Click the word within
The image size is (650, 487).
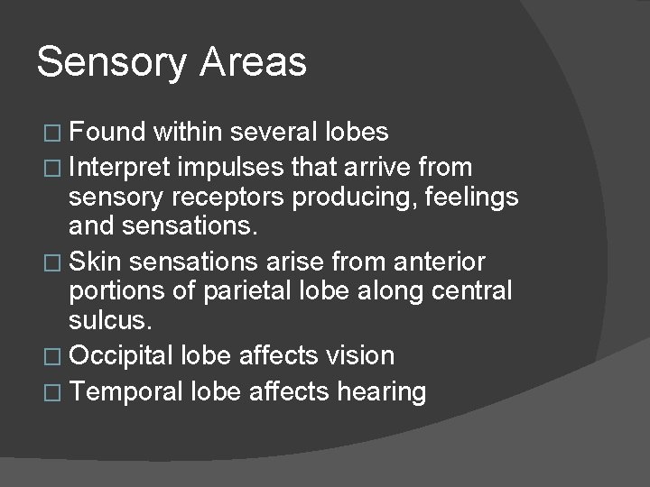pos(190,133)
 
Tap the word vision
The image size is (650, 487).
pos(361,356)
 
